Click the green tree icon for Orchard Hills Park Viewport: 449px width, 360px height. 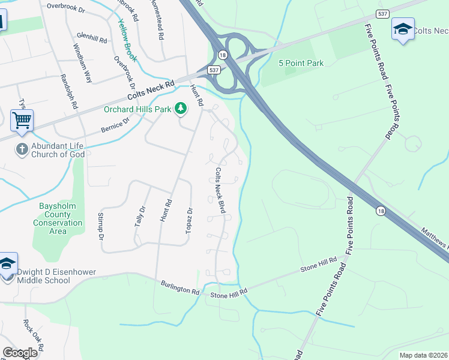click(180, 109)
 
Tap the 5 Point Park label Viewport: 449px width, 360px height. click(301, 63)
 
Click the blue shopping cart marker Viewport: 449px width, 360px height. click(22, 120)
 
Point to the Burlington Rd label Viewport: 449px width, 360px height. click(179, 287)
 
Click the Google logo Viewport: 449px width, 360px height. click(20, 353)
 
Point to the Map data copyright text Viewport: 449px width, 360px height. click(423, 355)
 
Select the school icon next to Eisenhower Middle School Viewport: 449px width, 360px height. click(8, 264)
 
